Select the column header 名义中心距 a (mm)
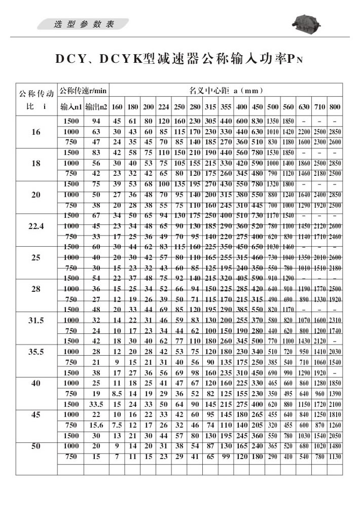(226, 91)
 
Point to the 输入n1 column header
(70, 107)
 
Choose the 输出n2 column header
(95, 107)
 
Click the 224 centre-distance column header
(163, 107)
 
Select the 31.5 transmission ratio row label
(35, 320)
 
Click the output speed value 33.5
(95, 404)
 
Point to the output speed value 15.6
(95, 425)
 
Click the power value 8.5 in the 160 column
(117, 393)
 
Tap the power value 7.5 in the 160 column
(117, 425)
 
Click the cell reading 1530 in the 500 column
(273, 153)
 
